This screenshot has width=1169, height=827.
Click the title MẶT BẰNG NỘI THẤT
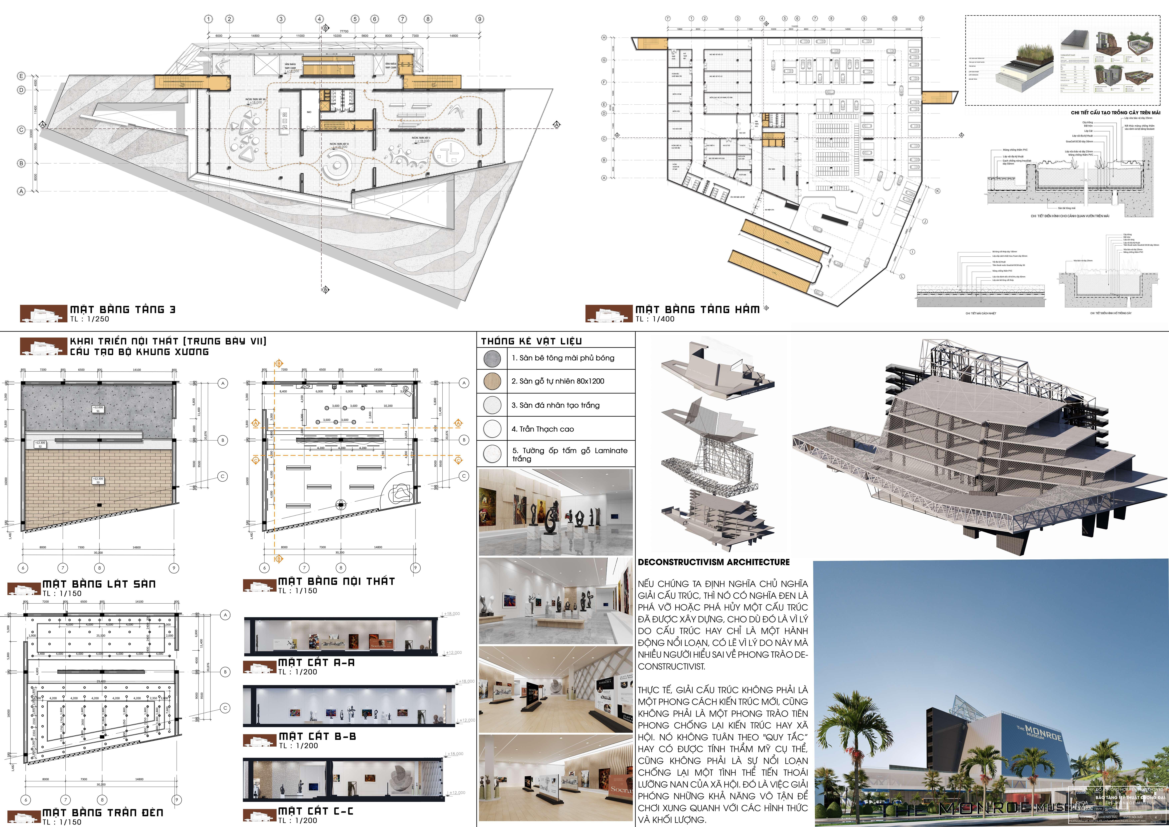click(336, 581)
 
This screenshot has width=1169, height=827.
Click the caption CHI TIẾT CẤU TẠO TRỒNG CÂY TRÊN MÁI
click(1115, 113)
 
